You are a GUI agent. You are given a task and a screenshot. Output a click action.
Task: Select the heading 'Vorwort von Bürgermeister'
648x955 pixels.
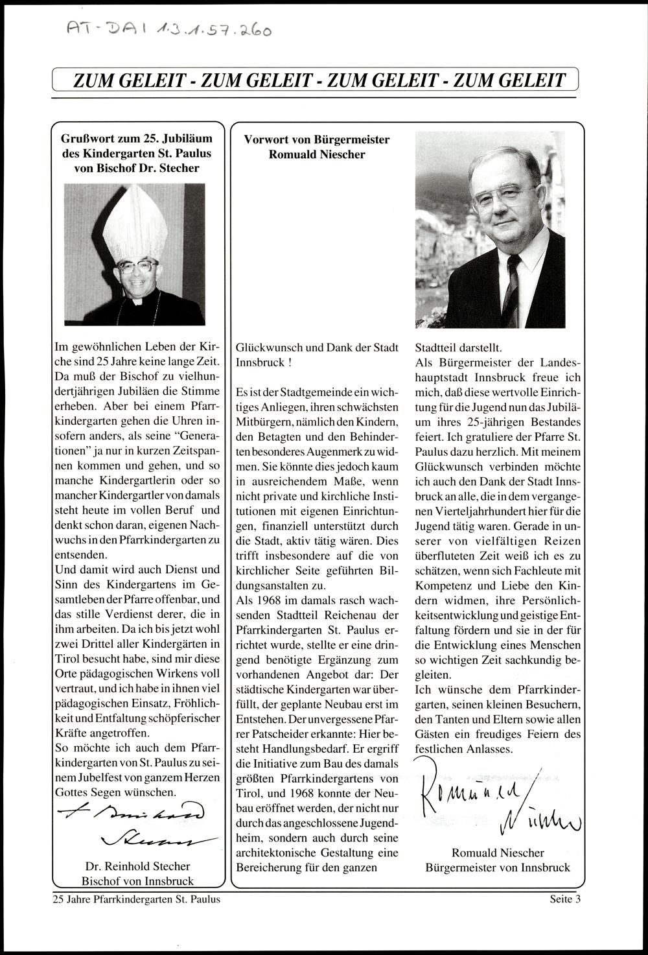tap(316, 139)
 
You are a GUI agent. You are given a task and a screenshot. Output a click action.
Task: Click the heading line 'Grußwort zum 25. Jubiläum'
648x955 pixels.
tap(137, 139)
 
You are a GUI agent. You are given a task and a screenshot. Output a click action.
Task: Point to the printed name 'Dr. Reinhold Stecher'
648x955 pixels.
tap(137, 866)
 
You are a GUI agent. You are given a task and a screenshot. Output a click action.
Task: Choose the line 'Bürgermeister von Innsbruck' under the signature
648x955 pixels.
tap(498, 867)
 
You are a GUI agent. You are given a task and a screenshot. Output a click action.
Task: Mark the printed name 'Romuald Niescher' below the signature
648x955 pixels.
tap(498, 853)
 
